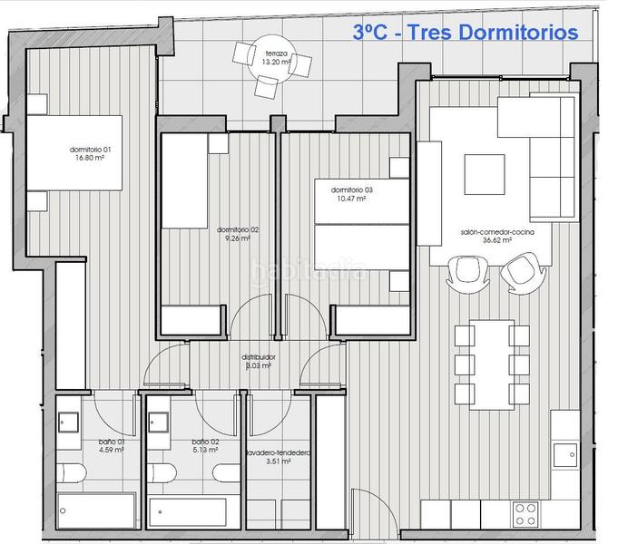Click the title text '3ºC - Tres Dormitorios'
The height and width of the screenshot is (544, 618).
(x=466, y=33)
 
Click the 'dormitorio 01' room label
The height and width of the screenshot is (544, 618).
(x=91, y=149)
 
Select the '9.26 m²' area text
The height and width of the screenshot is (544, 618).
(x=238, y=239)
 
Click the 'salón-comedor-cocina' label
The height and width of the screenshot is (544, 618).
(x=496, y=233)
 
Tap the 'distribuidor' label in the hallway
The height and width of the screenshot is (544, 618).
(x=259, y=357)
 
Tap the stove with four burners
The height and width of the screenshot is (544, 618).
(x=525, y=514)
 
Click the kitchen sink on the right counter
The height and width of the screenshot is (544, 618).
(x=564, y=454)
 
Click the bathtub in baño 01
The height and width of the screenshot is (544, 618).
(x=96, y=510)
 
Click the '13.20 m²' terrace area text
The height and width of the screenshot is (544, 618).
(x=276, y=63)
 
